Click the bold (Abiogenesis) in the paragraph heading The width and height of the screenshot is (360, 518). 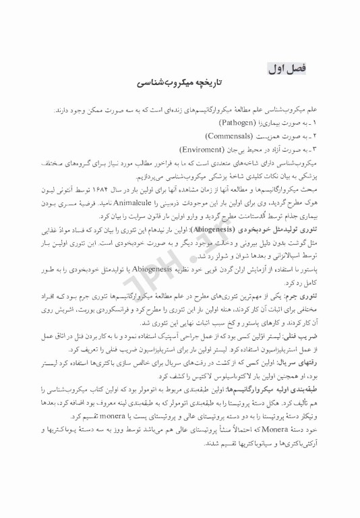[x=214, y=231]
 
